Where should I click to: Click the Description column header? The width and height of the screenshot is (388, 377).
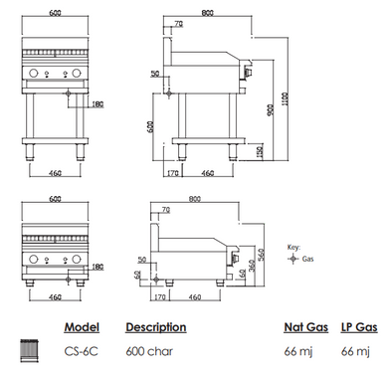155,326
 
